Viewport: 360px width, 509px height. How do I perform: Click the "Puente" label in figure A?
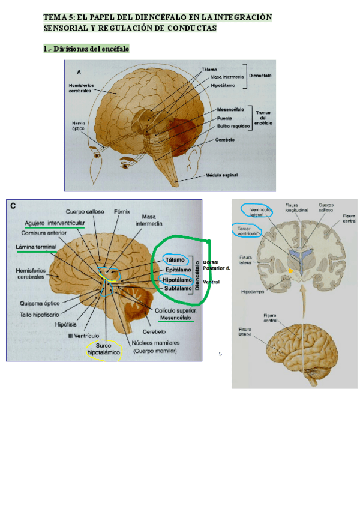[x=226, y=119]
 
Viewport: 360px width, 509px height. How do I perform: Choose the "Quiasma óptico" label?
[x=40, y=303]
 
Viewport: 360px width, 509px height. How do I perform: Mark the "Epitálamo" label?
[x=177, y=270]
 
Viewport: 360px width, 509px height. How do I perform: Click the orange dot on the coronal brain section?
[x=291, y=271]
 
